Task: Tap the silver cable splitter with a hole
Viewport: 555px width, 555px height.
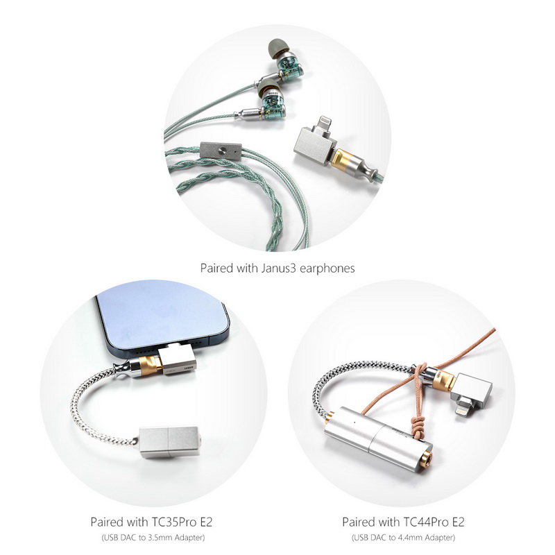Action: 221,148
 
